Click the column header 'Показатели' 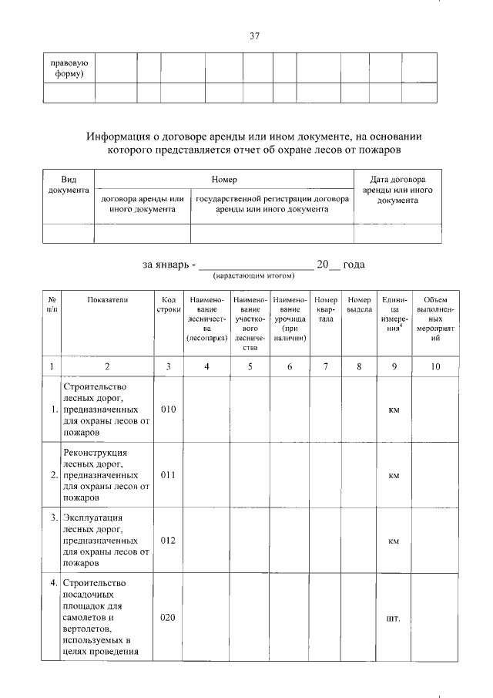[108, 299]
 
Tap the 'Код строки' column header [168, 305]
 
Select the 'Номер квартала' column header [326, 305]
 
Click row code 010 [168, 409]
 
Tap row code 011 [168, 475]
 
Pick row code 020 [168, 618]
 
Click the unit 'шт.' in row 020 [394, 618]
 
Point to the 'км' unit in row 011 [394, 475]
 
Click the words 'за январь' [164, 265]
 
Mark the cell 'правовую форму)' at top [69, 69]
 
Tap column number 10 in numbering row [435, 366]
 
